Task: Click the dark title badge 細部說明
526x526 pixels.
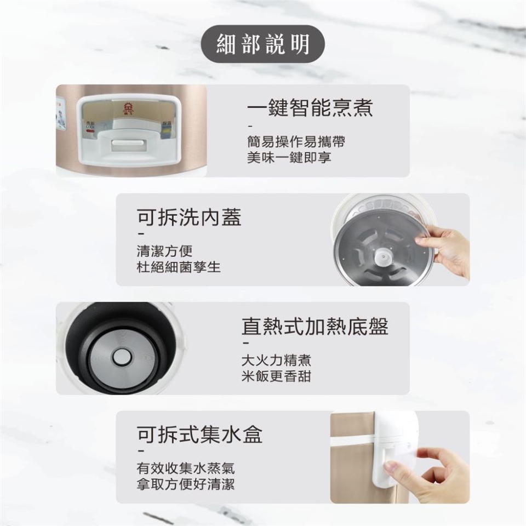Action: pos(262,44)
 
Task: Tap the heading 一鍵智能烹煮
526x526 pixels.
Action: pos(310,107)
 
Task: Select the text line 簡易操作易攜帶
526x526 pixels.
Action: pos(296,141)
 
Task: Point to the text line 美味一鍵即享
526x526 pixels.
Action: pos(289,157)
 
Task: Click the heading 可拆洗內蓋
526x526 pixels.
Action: pos(189,217)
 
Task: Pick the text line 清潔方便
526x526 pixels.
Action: pos(165,251)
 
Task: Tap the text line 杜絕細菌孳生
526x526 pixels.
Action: pos(179,267)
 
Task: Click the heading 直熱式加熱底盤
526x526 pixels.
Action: pos(315,325)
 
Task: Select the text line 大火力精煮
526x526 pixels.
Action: pos(276,360)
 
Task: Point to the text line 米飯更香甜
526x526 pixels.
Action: pos(276,376)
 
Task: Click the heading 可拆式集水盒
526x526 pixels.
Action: pos(199,434)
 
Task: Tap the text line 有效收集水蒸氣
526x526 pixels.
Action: pos(186,468)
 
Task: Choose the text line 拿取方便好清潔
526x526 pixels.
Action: pos(186,484)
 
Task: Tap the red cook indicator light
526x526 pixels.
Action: pos(90,130)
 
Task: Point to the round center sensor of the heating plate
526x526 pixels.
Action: pos(122,357)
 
